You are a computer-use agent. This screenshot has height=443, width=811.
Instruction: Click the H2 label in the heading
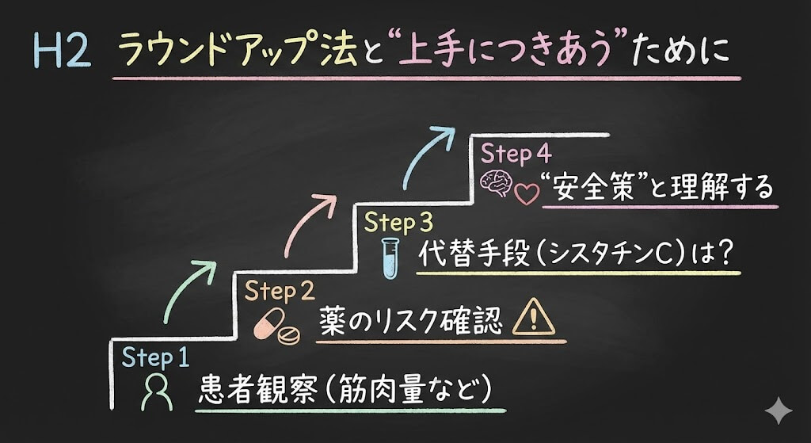coord(62,52)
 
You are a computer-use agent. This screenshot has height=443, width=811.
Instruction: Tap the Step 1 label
coord(155,357)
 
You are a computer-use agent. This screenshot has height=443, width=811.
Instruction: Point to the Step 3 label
coord(401,223)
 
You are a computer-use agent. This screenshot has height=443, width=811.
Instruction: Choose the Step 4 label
coord(516,152)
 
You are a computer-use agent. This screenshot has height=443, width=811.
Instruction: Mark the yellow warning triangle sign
coord(534,319)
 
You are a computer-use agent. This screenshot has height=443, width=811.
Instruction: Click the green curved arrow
coord(190,288)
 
